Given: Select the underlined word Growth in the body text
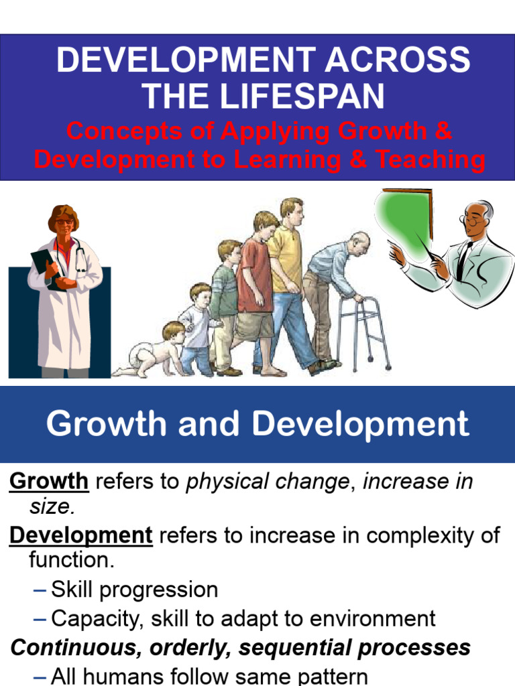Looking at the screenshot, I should (x=49, y=481).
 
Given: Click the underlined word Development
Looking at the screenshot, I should (x=81, y=535).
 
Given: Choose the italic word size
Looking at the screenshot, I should (x=51, y=506).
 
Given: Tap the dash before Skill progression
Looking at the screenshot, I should (x=40, y=590).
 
